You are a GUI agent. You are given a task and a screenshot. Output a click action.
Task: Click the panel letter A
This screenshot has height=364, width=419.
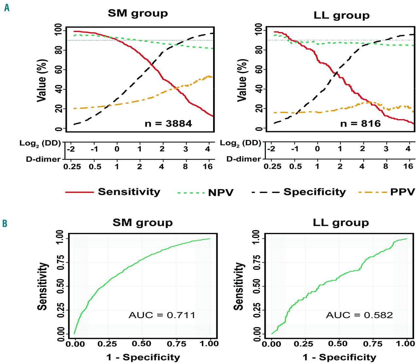pyautogui.click(x=7, y=8)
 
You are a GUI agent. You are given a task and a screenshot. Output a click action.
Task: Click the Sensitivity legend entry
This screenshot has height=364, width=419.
pyautogui.click(x=129, y=192)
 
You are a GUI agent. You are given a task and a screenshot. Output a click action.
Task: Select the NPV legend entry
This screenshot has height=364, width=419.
pyautogui.click(x=221, y=192)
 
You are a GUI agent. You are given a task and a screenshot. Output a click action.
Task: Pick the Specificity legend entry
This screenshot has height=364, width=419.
pyautogui.click(x=314, y=192)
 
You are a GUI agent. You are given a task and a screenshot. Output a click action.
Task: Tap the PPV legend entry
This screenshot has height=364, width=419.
pyautogui.click(x=402, y=192)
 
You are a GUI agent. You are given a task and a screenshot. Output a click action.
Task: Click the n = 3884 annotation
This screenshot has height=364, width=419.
pyautogui.click(x=168, y=123)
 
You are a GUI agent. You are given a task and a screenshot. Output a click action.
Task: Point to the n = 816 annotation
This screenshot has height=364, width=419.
pyautogui.click(x=360, y=123)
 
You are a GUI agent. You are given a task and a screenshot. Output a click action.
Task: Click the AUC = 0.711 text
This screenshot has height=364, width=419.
pyautogui.click(x=162, y=315)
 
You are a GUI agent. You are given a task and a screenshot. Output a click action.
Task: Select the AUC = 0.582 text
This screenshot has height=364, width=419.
pyautogui.click(x=359, y=315)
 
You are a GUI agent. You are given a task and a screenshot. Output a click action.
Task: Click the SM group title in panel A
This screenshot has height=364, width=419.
pyautogui.click(x=138, y=13)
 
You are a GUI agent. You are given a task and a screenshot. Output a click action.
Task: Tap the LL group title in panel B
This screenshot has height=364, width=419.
pyautogui.click(x=341, y=223)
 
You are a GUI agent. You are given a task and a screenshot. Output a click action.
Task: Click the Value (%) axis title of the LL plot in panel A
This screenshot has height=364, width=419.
pyautogui.click(x=242, y=80)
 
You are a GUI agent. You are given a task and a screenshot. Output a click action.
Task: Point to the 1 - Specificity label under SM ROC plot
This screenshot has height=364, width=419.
pyautogui.click(x=143, y=357)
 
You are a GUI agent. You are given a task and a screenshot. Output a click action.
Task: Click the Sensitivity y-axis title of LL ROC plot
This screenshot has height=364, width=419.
pyautogui.click(x=239, y=286)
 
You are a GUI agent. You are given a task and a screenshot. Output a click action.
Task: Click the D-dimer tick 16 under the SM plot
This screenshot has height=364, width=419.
pyautogui.click(x=208, y=166)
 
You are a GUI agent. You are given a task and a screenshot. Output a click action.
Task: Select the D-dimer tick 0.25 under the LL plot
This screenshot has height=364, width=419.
pyautogui.click(x=272, y=166)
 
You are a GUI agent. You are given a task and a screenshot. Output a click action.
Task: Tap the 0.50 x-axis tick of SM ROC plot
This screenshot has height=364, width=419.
pyautogui.click(x=141, y=344)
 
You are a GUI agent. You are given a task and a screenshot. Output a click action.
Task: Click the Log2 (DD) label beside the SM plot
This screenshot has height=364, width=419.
pyautogui.click(x=40, y=143)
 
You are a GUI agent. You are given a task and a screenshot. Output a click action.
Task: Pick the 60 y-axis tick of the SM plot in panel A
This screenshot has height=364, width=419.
pyautogui.click(x=59, y=70)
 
